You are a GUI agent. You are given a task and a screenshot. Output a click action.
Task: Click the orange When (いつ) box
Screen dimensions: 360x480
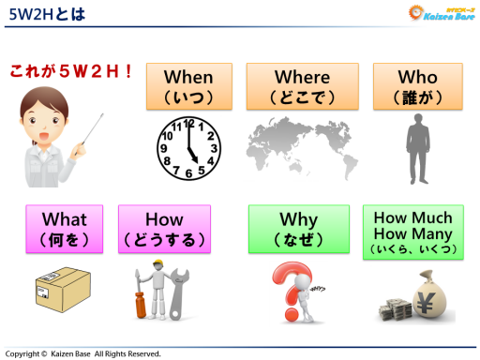(188, 86)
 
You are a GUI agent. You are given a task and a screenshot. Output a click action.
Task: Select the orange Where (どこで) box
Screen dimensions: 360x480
(302, 86)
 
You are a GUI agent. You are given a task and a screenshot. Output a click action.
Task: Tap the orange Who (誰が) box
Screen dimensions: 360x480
(417, 86)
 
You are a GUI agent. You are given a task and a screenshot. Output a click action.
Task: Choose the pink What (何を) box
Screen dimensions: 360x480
(65, 229)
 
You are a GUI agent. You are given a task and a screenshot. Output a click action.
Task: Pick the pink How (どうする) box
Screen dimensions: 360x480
(164, 229)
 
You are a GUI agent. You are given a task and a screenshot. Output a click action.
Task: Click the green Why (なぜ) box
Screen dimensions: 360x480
(298, 229)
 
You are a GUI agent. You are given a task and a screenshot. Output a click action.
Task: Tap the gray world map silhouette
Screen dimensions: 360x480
(302, 148)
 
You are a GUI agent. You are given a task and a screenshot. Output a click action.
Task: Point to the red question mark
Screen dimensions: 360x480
(286, 291)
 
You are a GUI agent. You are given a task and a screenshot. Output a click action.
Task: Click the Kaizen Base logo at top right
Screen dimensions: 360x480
(441, 13)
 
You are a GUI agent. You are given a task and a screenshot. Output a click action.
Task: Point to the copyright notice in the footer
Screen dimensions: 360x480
(84, 353)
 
